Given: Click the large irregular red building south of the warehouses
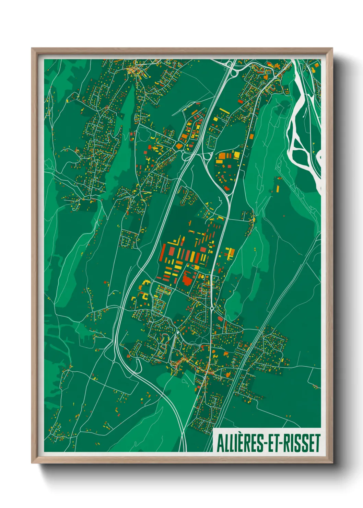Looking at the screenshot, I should [x=187, y=278].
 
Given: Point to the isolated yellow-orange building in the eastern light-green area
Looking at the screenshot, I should [x=277, y=188].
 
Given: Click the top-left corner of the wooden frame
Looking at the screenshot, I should [x=32, y=48].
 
